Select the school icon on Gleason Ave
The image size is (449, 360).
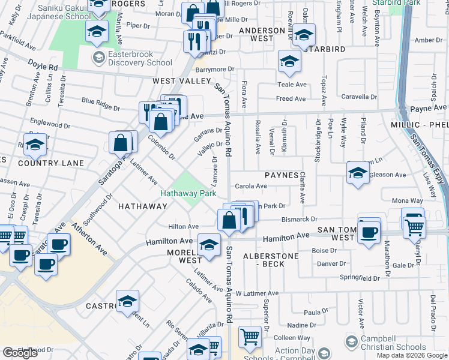click(x=358, y=173)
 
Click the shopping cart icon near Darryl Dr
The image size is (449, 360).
click(x=415, y=227)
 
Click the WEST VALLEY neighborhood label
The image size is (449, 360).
click(x=182, y=80)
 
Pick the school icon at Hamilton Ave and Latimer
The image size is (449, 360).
click(x=208, y=245)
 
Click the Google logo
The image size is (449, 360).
click(x=20, y=353)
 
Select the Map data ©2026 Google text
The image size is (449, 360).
click(x=411, y=355)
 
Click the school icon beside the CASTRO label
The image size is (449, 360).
click(x=127, y=301)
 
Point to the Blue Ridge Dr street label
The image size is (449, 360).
click(x=101, y=104)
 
